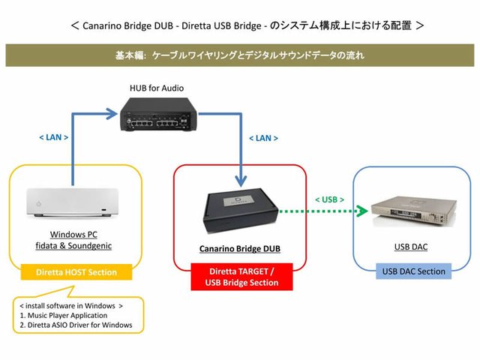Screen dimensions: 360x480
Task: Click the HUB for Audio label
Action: point(157,88)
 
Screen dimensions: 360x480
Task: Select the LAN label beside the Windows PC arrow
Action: point(52,137)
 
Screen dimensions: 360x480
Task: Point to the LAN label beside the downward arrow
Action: point(262,139)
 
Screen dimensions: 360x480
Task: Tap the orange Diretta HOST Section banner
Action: point(75,272)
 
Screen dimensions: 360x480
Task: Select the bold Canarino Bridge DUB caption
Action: point(240,248)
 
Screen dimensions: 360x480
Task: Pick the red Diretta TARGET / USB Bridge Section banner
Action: point(241,276)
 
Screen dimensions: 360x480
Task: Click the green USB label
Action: point(330,199)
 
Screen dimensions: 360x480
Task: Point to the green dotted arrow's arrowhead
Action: point(364,212)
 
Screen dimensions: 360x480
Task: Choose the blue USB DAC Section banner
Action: point(411,271)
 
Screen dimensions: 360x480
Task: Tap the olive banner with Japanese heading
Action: point(240,55)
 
